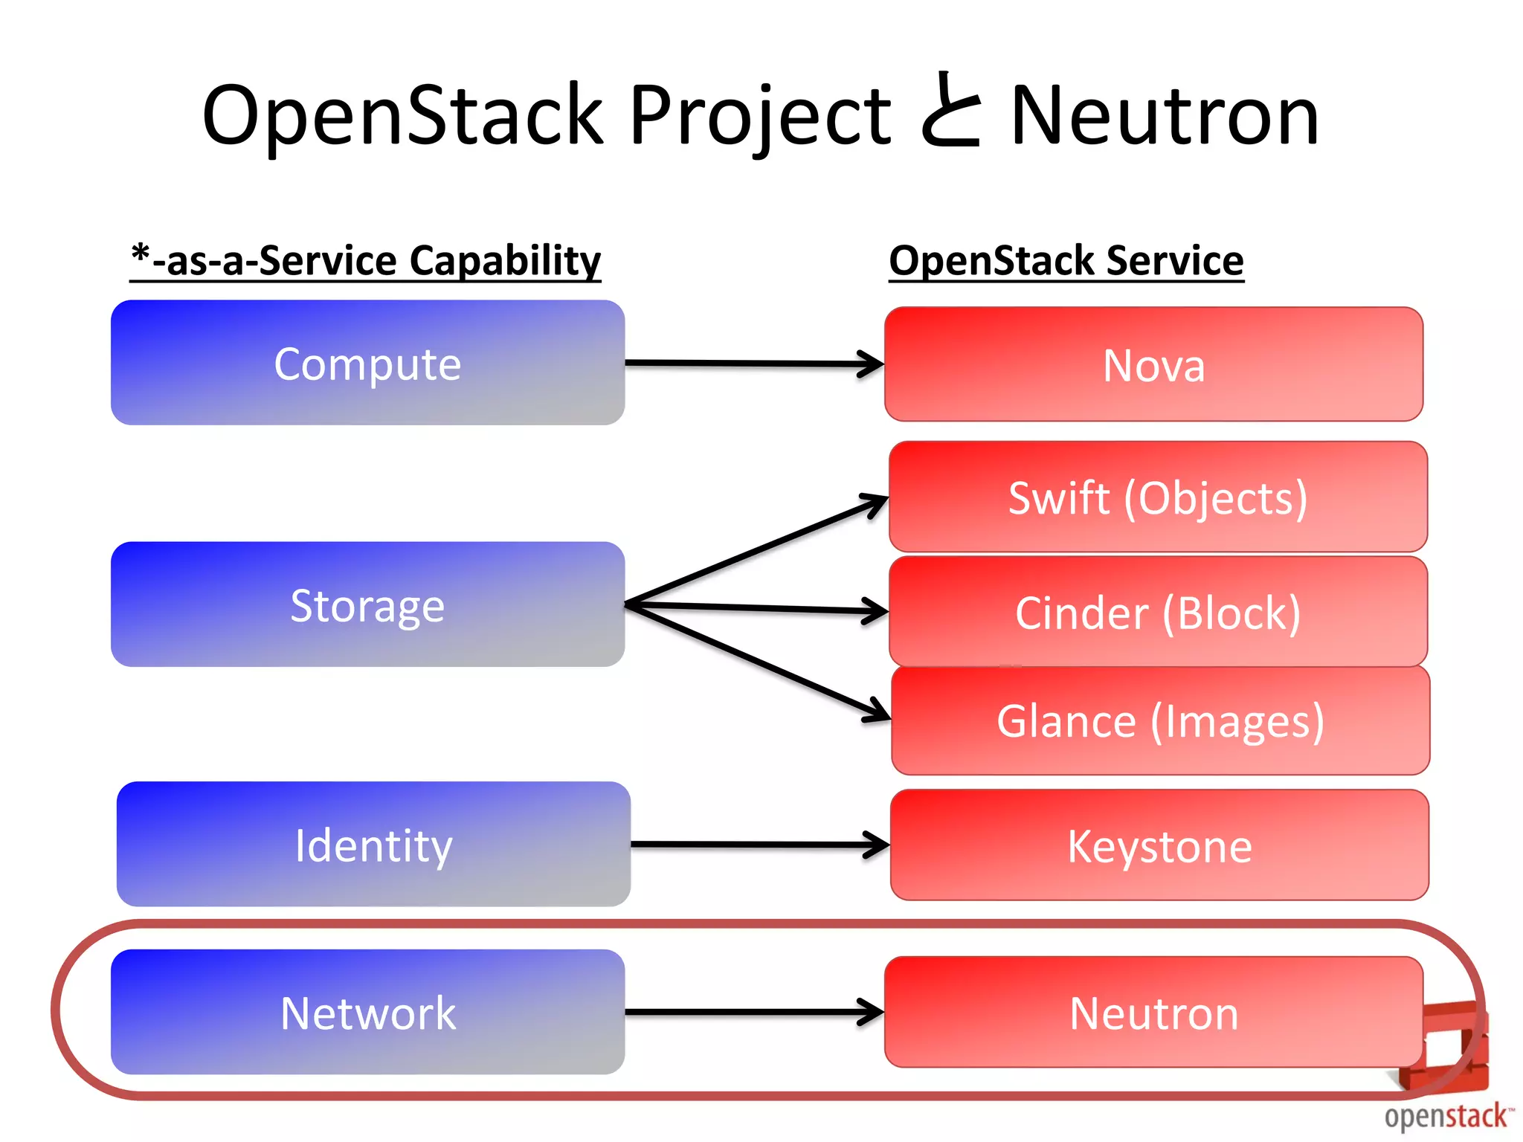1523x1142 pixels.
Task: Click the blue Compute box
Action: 367,363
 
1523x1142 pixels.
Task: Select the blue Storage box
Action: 367,604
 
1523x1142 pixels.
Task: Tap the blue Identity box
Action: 373,844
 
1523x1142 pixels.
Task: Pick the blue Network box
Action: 367,1012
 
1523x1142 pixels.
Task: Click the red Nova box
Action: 1153,364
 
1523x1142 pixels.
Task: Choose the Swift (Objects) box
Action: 1158,497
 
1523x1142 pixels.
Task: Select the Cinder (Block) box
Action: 1158,612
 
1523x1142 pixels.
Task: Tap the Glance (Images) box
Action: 1160,720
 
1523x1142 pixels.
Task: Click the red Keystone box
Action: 1159,845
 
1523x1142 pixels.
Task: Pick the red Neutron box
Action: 1153,1012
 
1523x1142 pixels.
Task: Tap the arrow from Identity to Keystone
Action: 759,845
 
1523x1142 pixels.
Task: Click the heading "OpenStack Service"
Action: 1066,261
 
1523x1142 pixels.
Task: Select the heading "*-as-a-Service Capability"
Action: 365,261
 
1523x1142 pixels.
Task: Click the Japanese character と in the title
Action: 950,112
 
